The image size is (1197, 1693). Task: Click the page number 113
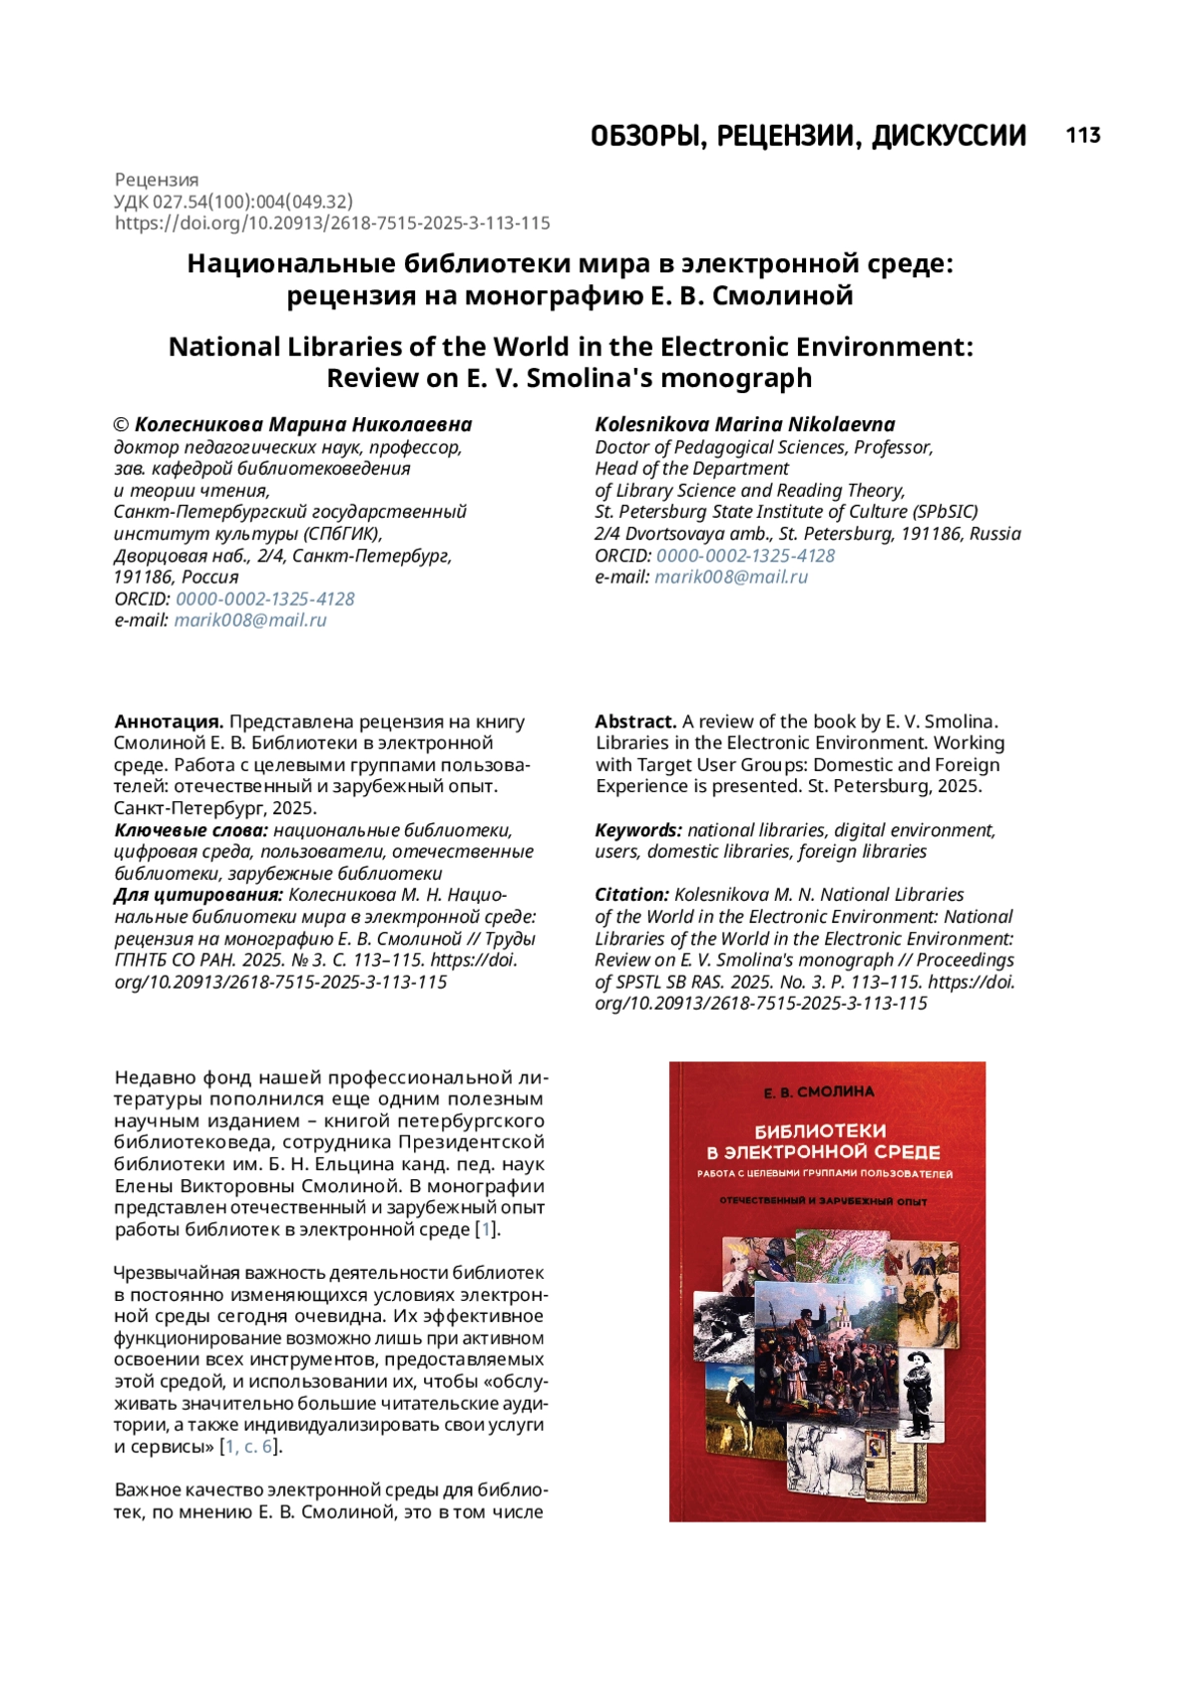[1082, 136]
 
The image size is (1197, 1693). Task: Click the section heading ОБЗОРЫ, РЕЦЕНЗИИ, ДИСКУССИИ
[808, 136]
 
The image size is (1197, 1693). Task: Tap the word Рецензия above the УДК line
[157, 180]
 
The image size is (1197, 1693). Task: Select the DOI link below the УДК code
[332, 222]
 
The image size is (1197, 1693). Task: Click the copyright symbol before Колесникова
[122, 425]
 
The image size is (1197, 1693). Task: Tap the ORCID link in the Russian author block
[264, 599]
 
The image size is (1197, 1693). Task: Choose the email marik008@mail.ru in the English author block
[731, 577]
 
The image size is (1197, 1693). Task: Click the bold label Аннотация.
[169, 721]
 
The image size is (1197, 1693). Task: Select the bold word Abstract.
[635, 721]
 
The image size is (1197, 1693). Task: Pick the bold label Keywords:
[638, 830]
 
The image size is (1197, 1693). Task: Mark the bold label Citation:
[631, 895]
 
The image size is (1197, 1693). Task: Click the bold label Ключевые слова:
[191, 830]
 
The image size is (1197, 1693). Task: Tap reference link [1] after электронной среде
[486, 1229]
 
